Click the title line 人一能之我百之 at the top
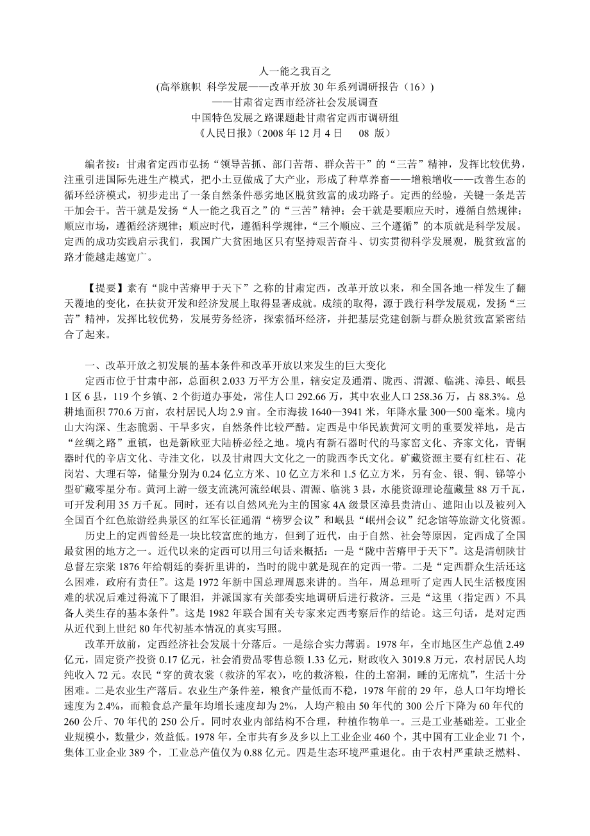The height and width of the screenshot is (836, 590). point(295,71)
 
